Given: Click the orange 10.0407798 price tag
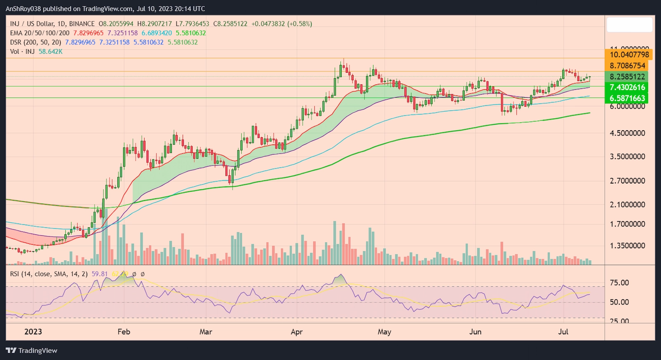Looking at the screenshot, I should (x=629, y=55).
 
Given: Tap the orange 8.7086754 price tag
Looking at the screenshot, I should (x=627, y=66).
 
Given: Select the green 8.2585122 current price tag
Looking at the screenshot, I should (x=627, y=76).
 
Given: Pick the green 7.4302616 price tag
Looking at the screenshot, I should (x=627, y=87).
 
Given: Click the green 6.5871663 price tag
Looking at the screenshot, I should (x=627, y=98).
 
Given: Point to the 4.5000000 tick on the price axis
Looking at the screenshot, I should (x=627, y=133).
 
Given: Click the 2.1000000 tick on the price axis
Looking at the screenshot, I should (x=627, y=205).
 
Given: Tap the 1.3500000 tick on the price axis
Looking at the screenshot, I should (x=627, y=246).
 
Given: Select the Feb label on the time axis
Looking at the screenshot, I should (x=124, y=332).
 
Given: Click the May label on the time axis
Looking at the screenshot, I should (x=384, y=332).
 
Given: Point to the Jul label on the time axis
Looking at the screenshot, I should (x=563, y=332).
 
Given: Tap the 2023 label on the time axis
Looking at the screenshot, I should (x=33, y=332).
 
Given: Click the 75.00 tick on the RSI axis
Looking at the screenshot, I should (x=619, y=283).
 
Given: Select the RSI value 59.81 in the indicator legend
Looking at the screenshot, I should (x=100, y=274).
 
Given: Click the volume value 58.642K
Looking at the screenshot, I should (x=50, y=52).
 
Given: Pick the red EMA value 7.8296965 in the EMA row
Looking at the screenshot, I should (x=88, y=33).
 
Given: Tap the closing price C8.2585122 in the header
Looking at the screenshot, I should (x=230, y=24).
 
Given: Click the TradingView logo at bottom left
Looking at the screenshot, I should (x=31, y=350).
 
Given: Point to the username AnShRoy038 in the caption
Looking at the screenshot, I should (x=23, y=9).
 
